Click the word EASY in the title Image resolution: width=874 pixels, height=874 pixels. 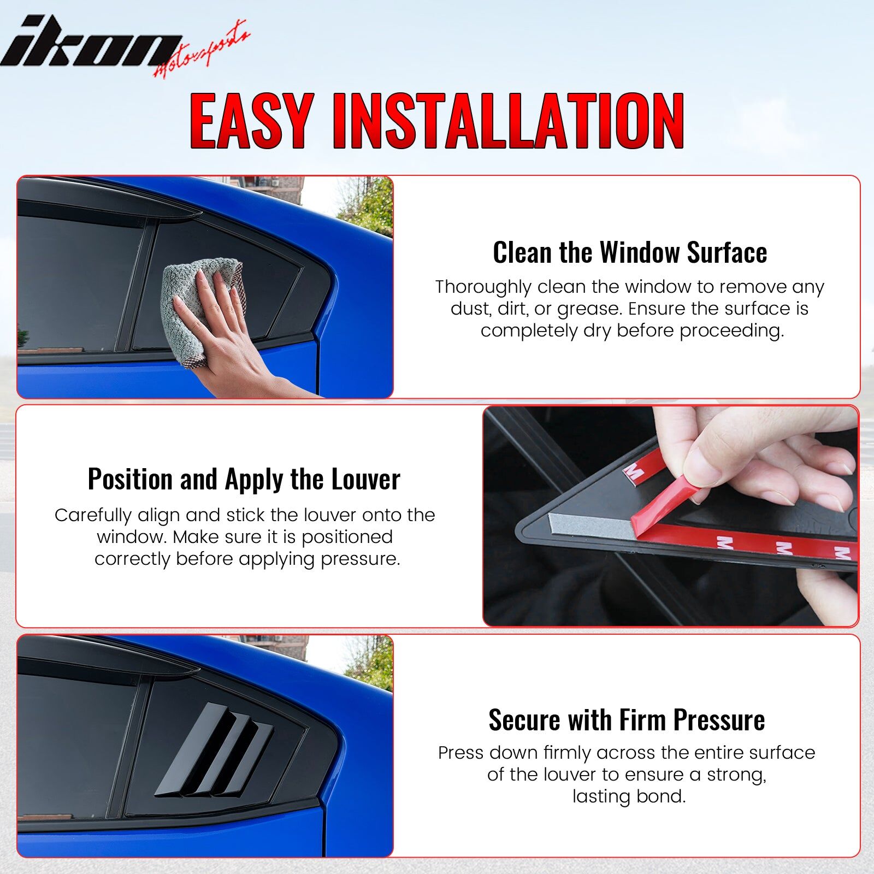pos(252,121)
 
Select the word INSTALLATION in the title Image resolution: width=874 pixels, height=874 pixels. pos(508,121)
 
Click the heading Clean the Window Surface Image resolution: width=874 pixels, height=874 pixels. pos(630,252)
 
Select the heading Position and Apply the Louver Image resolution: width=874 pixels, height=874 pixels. pos(244,479)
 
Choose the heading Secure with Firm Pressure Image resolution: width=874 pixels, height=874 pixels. pos(627,719)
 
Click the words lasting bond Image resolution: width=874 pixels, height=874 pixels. pos(629,796)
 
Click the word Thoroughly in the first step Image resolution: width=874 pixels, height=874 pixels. pos(483,287)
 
